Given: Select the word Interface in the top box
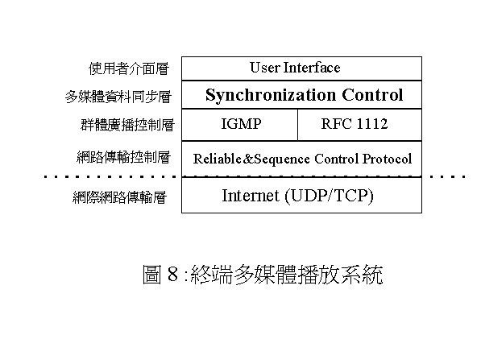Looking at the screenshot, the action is (312, 68).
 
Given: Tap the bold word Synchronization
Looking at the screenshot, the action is (271, 95).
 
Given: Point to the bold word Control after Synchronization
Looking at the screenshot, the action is (372, 94).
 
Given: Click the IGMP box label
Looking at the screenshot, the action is (242, 124).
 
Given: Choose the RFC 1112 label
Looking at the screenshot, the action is (355, 124).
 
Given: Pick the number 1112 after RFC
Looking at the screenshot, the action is (372, 124).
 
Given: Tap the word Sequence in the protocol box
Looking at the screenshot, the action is (282, 159).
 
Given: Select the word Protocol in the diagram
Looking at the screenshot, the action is (387, 159).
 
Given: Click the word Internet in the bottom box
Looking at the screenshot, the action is (251, 196).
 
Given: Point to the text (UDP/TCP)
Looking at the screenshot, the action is (330, 196).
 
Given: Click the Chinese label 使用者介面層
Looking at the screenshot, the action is (129, 68).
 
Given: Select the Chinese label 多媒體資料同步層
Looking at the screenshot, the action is (118, 97).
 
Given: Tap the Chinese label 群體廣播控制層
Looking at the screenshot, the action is (127, 125).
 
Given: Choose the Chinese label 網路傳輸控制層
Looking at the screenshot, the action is (123, 157).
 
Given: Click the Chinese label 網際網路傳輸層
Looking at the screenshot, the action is (119, 197).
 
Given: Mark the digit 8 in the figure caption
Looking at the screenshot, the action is (172, 274).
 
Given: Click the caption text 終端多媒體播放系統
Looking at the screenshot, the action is (287, 274).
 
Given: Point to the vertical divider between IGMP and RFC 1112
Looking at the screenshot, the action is (297, 125).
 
